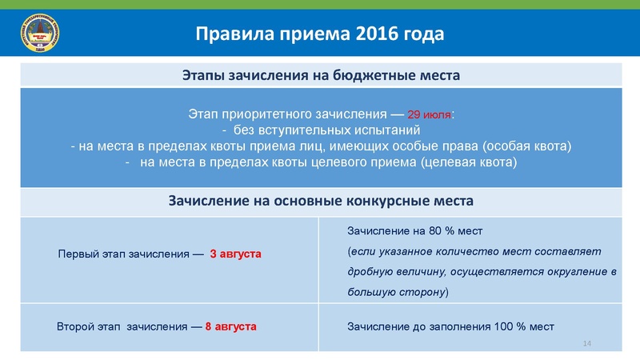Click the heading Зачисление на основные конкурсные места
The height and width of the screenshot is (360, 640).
[x=320, y=199]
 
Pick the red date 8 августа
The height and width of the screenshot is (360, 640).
[x=230, y=326]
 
